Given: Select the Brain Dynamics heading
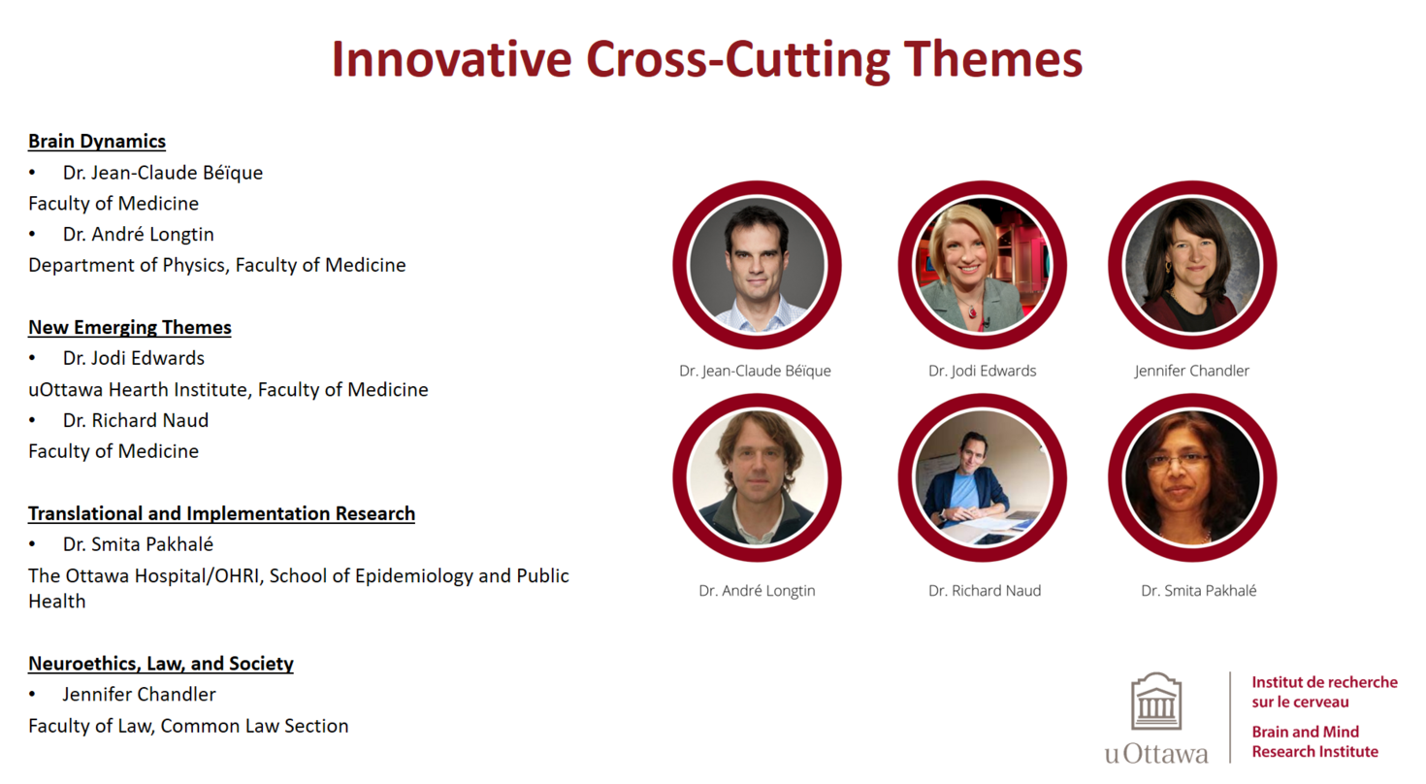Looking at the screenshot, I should tap(97, 142).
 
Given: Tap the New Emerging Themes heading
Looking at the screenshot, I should tap(130, 328).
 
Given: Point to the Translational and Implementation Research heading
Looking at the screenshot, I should tap(221, 513).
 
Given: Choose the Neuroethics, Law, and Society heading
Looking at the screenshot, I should tap(161, 664).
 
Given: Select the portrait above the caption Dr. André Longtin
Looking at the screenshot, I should tap(757, 477).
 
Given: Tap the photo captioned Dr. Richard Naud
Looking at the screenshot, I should tap(982, 477).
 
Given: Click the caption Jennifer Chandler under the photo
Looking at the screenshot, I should tap(1191, 371).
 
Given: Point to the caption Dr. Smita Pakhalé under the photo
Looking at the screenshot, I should tap(1198, 590).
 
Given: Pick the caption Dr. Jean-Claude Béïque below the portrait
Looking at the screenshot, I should tap(755, 371).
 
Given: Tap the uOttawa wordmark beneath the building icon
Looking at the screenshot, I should tap(1156, 754).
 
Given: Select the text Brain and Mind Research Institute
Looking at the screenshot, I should tap(1313, 741).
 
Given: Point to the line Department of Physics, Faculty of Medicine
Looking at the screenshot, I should tap(216, 265).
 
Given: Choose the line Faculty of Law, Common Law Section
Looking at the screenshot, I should tap(188, 726).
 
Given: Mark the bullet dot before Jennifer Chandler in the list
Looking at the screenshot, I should tap(32, 695).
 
